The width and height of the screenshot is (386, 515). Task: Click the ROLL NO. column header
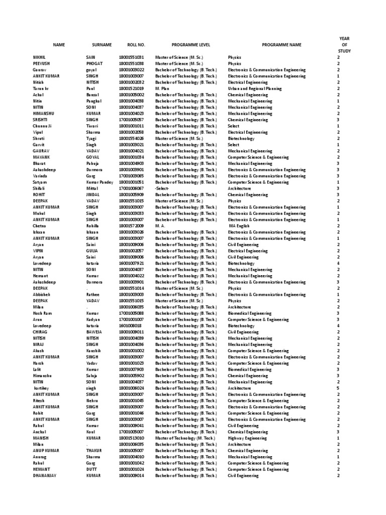coord(132,45)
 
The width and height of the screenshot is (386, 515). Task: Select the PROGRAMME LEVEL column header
coord(187,45)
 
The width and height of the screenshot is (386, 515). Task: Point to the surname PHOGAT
coord(95,64)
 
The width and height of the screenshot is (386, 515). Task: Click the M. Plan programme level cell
coord(162,89)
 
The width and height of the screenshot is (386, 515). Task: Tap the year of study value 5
coord(338,388)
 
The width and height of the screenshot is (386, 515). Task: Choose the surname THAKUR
coord(94,451)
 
